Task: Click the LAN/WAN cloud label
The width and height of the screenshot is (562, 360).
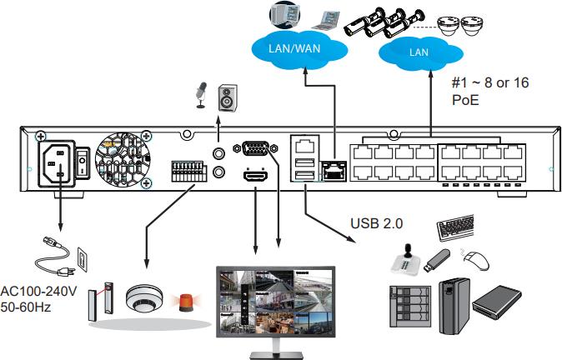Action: click(295, 47)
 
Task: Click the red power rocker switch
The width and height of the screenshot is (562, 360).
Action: click(81, 161)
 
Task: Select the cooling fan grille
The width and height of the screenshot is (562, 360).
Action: click(123, 161)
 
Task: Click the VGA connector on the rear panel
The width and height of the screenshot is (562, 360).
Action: click(254, 148)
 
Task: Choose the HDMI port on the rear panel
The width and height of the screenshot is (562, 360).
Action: click(253, 176)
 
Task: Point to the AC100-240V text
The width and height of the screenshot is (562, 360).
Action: click(38, 292)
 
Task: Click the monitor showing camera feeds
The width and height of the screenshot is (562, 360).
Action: click(275, 303)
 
